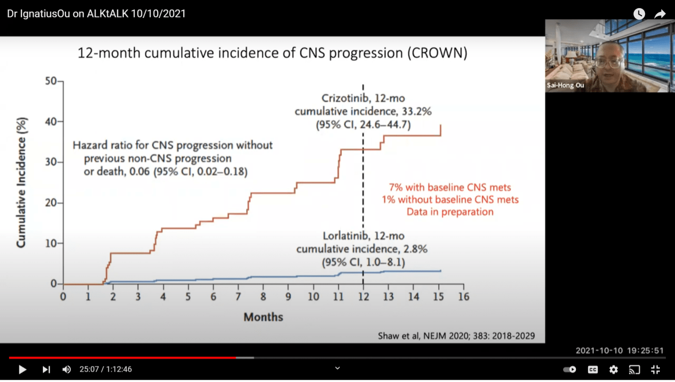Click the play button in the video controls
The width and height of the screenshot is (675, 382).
coord(22,369)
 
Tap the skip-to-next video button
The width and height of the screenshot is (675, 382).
coord(46,369)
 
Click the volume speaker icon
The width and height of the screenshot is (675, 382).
coord(67,369)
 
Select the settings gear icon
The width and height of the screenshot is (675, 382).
coord(613,369)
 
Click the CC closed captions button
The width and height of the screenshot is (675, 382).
coord(592,369)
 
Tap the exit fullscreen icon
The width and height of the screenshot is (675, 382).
coord(655,369)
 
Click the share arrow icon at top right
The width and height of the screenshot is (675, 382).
coord(659,14)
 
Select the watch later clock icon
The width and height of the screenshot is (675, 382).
coord(639,14)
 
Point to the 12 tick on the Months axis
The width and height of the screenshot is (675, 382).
coord(363,297)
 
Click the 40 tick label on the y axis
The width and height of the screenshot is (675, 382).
coord(51,122)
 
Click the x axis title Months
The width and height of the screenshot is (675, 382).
coord(263,317)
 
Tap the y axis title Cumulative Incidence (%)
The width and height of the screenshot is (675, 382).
coord(22,182)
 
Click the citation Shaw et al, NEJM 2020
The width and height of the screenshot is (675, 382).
coord(456,336)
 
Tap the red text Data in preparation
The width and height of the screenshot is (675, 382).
coord(450,212)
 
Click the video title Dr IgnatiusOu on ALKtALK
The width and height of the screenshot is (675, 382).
coord(96,14)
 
